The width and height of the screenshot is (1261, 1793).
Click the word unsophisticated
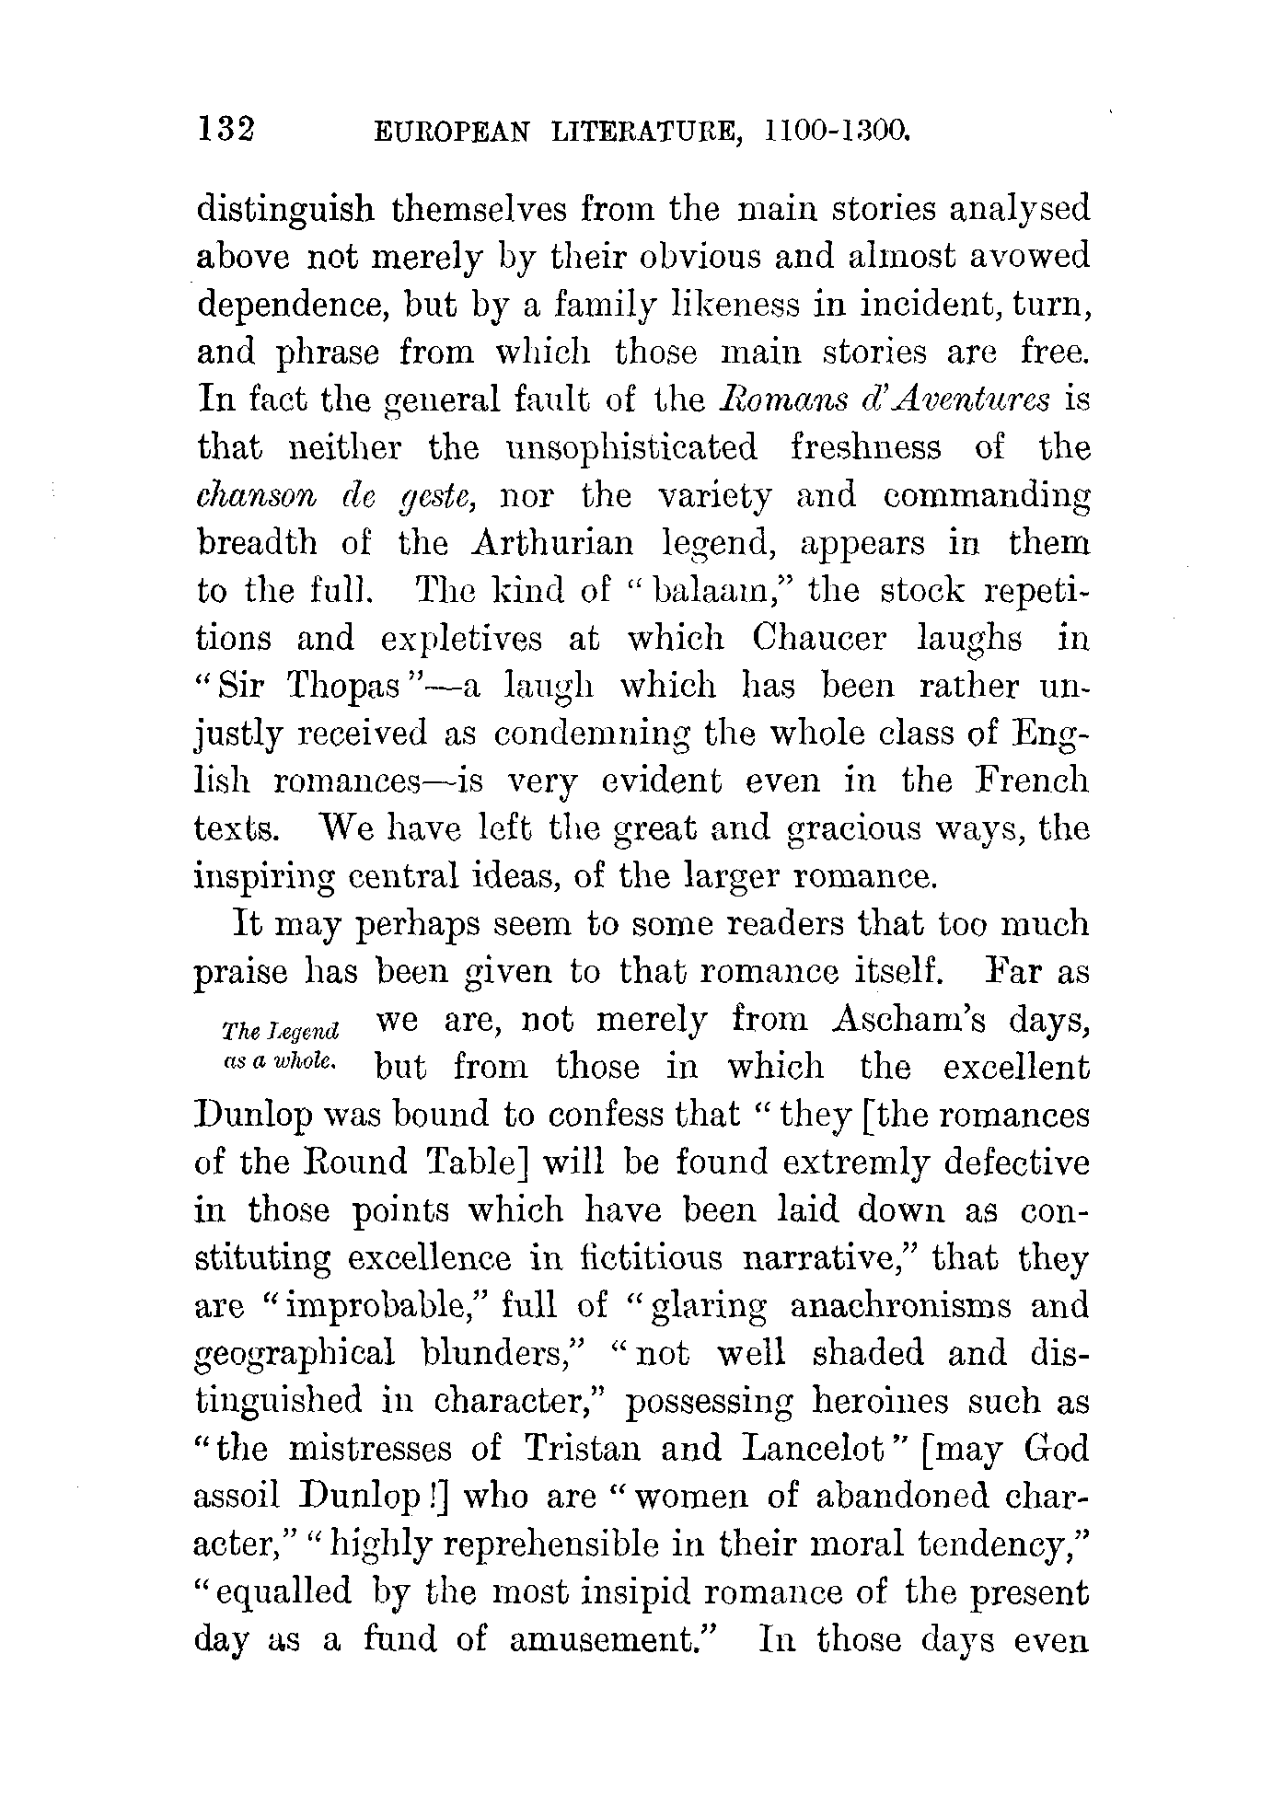[632, 448]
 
